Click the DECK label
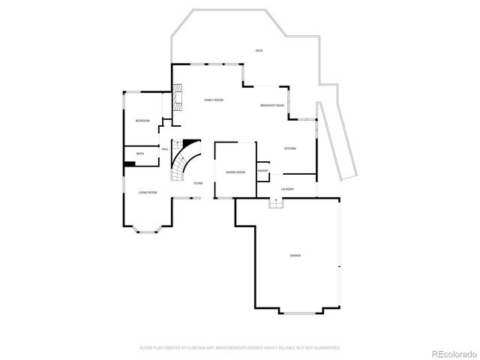(x=259, y=50)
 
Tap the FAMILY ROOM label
(x=214, y=100)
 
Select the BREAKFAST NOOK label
(x=272, y=106)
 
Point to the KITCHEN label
(x=289, y=148)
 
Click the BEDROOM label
(x=142, y=121)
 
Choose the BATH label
(x=140, y=154)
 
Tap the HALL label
(x=165, y=149)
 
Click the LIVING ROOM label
(x=147, y=193)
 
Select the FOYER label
(x=198, y=183)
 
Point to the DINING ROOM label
(x=235, y=172)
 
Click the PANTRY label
(x=263, y=170)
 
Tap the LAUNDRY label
(x=287, y=189)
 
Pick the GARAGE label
(x=295, y=256)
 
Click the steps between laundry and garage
(x=276, y=205)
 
